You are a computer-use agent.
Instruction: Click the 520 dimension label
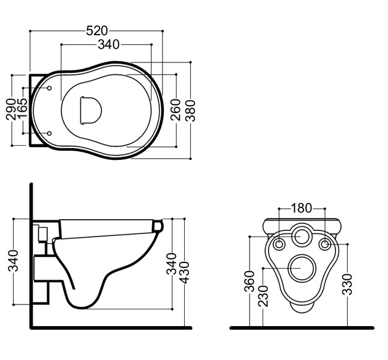(97, 31)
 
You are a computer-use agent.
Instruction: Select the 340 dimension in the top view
(109, 44)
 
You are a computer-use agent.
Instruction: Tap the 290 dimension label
(11, 109)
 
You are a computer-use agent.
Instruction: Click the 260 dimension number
(175, 109)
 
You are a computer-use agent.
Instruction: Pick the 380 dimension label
(190, 111)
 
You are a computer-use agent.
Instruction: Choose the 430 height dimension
(184, 272)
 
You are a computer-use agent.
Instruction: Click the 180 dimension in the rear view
(301, 208)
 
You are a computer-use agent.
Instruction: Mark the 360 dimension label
(250, 282)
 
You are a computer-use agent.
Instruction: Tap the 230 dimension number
(263, 296)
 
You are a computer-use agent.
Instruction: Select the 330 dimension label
(347, 284)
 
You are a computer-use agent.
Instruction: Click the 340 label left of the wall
(14, 261)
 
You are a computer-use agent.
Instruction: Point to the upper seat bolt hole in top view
(49, 88)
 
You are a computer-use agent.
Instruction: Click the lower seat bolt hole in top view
(49, 133)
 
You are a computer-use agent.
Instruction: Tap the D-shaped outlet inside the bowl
(91, 110)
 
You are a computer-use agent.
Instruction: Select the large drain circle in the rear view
(303, 269)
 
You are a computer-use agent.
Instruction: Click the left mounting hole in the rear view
(279, 245)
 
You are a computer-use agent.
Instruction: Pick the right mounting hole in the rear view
(324, 245)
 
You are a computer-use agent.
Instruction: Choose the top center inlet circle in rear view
(302, 236)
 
